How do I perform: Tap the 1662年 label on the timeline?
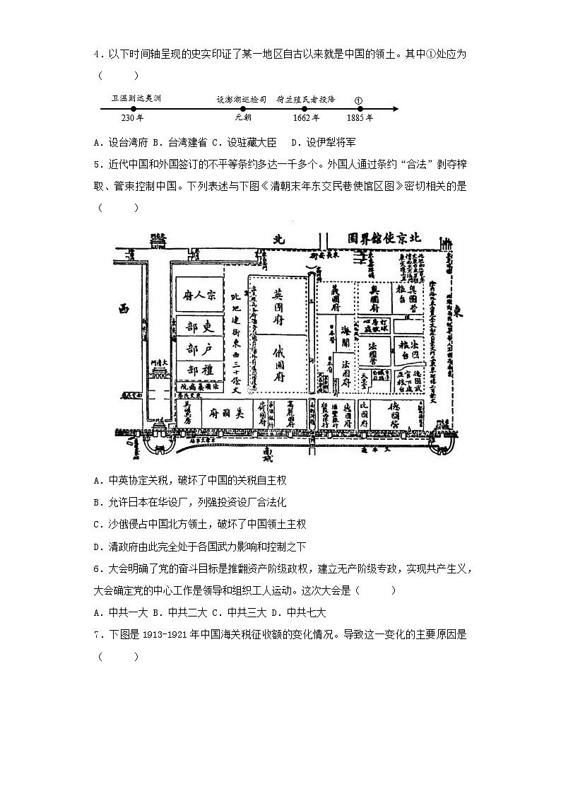[x=306, y=118]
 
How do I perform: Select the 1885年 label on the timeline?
[x=360, y=118]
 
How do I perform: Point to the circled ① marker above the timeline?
[x=358, y=100]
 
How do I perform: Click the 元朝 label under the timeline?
[x=243, y=118]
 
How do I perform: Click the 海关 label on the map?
[x=346, y=332]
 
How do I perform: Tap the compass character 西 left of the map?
[x=125, y=308]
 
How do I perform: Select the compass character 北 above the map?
[x=278, y=239]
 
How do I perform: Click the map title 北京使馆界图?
[x=384, y=238]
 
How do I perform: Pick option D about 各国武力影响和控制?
[x=206, y=546]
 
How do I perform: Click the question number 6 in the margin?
[x=97, y=569]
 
